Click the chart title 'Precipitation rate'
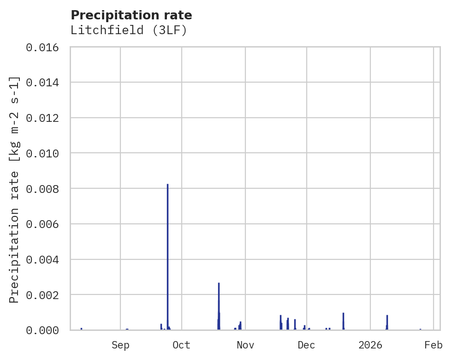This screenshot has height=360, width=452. (x=131, y=15)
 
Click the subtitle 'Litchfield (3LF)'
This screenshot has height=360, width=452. (x=129, y=30)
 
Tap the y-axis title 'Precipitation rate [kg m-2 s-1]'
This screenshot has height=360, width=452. (x=14, y=189)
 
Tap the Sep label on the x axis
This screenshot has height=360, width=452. (x=120, y=345)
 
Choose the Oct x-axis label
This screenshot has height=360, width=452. (x=182, y=345)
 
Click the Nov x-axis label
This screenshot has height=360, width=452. (x=245, y=345)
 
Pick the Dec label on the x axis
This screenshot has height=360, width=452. (x=306, y=345)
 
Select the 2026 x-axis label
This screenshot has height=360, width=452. (x=370, y=345)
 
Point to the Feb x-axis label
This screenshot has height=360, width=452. (x=434, y=345)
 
